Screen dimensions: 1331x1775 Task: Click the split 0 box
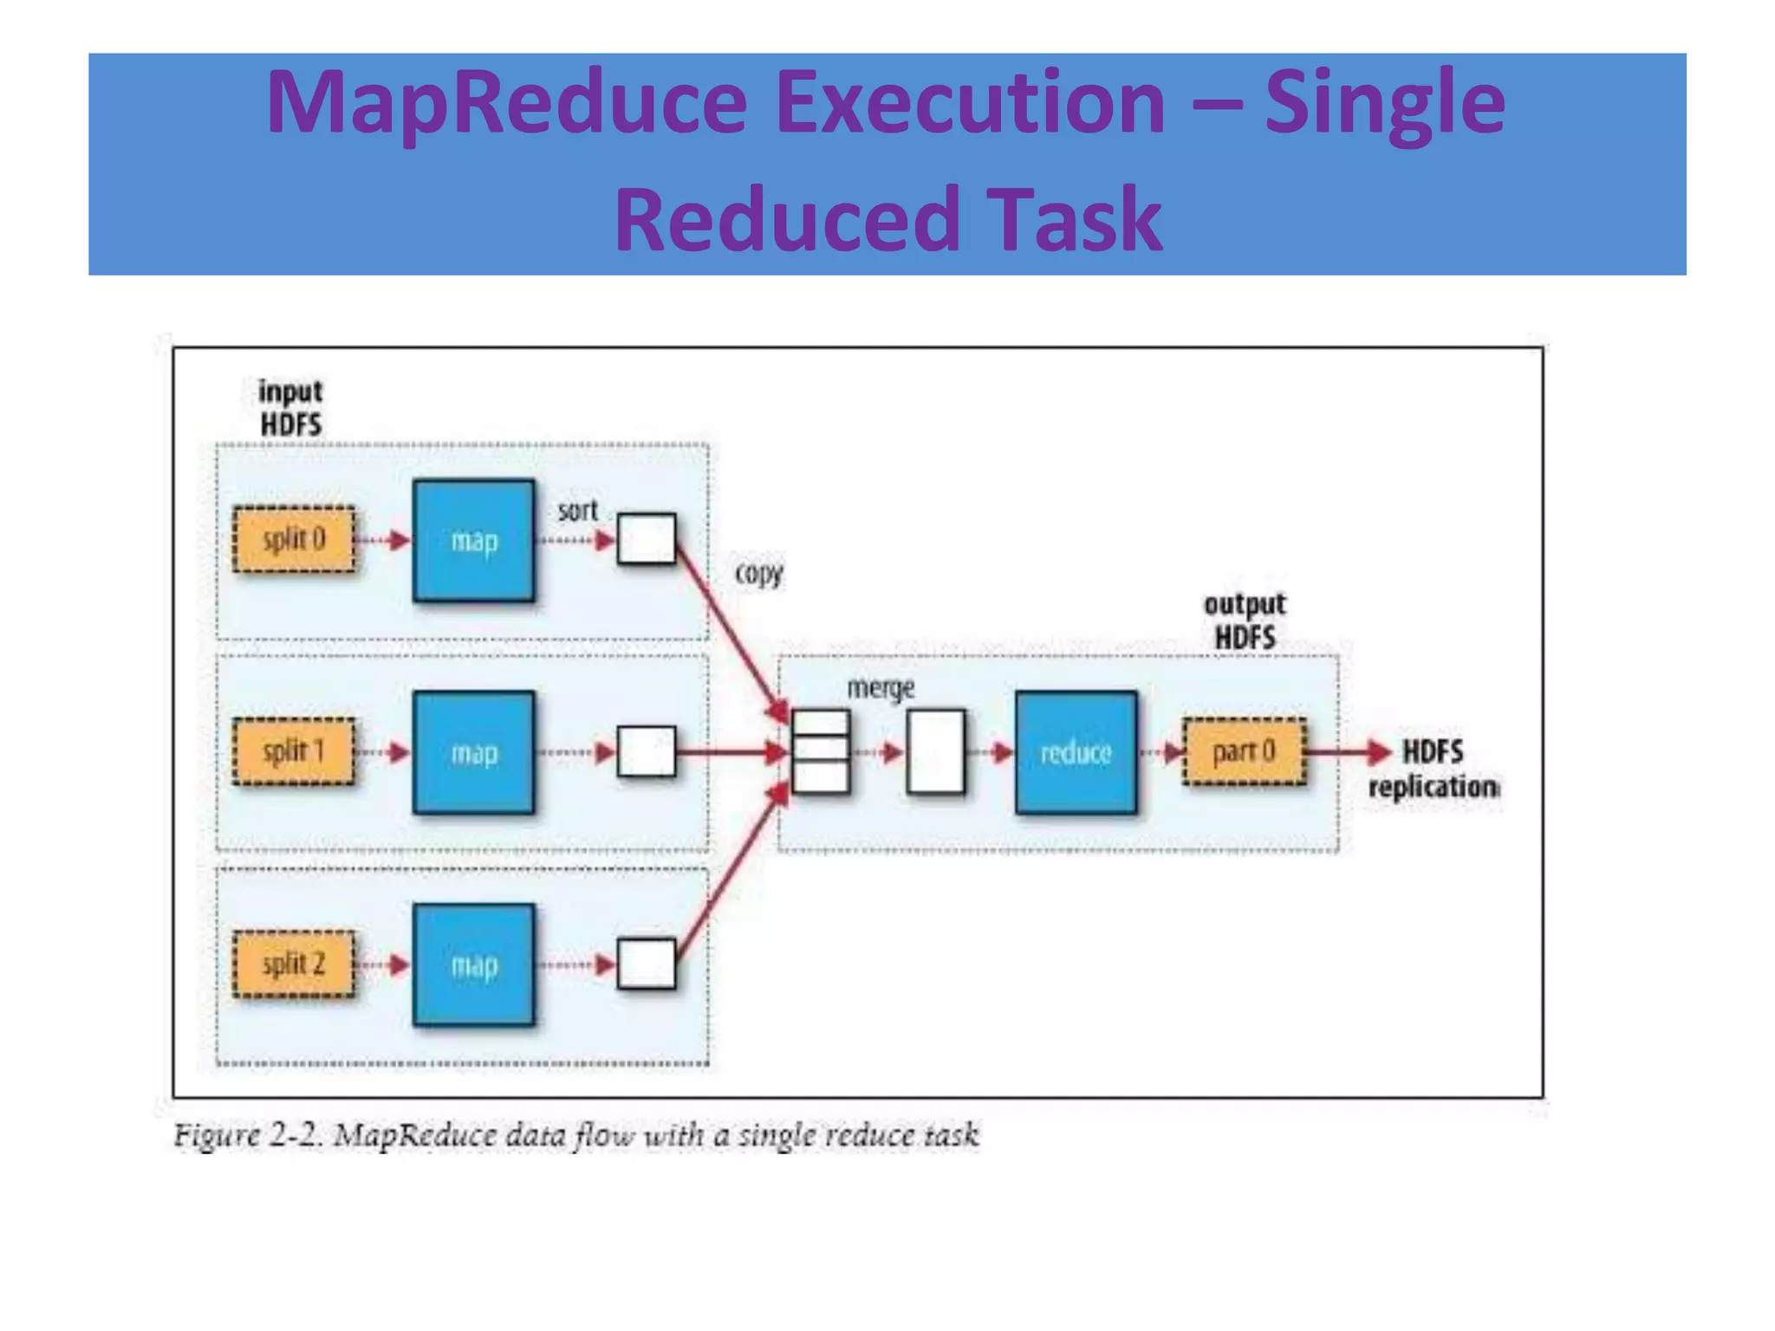click(294, 540)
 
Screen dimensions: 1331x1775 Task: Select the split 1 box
click(294, 751)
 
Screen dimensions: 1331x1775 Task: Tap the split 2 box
click(294, 964)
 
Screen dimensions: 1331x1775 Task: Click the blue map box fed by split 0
click(473, 540)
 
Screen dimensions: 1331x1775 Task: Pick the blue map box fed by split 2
click(473, 964)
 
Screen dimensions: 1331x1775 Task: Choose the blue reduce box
click(1076, 752)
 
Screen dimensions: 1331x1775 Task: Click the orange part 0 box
click(1245, 751)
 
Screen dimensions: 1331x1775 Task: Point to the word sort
click(577, 510)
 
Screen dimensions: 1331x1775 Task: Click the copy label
click(758, 573)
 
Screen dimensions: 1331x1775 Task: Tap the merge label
click(881, 688)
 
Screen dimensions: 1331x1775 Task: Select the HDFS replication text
click(1434, 769)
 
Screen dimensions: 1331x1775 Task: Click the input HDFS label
click(290, 408)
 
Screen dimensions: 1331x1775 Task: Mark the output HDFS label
click(1245, 620)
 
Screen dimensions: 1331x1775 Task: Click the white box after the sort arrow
click(647, 539)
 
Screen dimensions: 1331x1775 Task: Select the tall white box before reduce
click(935, 751)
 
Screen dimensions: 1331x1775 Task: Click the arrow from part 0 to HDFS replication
click(1348, 751)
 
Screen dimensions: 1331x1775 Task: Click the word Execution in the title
click(969, 102)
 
